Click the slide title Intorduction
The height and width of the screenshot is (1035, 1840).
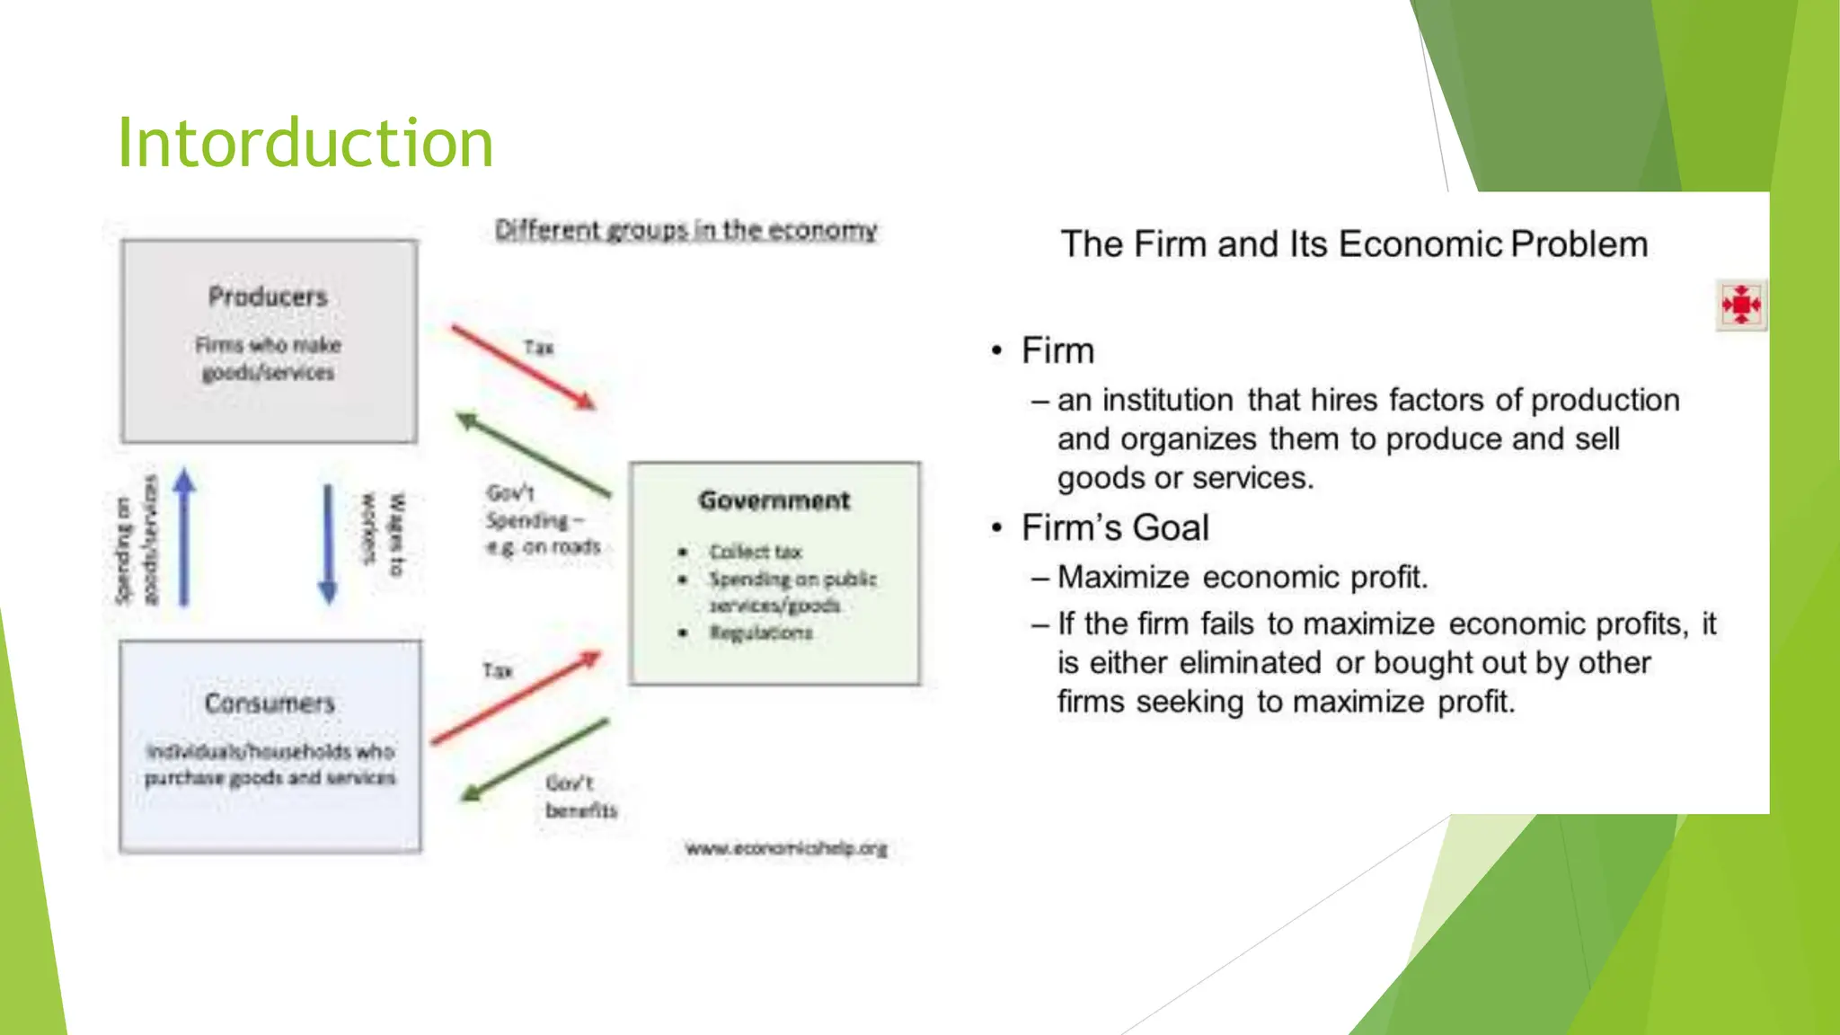305,144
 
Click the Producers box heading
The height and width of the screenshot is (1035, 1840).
268,296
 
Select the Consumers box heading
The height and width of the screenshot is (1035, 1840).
270,703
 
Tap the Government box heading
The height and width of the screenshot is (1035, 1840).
774,500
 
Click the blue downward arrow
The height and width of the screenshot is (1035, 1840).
328,544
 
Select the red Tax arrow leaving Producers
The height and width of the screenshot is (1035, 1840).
523,367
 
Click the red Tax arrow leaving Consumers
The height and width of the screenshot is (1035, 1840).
515,698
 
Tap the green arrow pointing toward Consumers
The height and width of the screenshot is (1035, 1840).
535,760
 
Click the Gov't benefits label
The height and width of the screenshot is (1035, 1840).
580,796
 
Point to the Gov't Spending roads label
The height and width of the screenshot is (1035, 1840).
543,520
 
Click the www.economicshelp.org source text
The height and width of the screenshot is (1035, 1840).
785,848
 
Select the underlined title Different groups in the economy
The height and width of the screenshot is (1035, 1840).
686,230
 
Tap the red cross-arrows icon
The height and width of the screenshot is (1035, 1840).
1741,305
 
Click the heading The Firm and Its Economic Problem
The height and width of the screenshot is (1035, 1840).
1354,244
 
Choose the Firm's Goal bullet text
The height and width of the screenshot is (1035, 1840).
1114,527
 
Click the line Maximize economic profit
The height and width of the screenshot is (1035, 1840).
1242,577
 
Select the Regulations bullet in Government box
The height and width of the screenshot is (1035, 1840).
760,632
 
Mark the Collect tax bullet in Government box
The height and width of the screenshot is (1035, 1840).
755,552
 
